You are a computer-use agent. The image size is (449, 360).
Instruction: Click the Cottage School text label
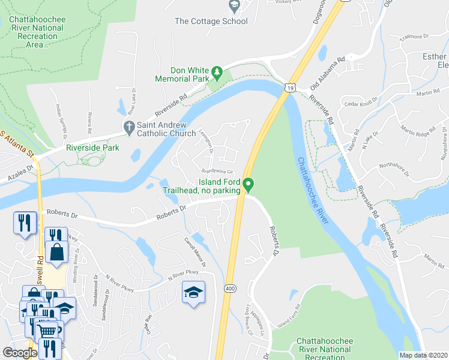(x=211, y=22)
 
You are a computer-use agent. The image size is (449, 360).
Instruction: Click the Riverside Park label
(x=92, y=148)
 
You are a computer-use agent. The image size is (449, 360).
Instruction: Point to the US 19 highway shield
(x=291, y=88)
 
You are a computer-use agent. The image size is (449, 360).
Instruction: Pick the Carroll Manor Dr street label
(x=195, y=252)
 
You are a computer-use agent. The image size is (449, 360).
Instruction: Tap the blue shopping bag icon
(x=56, y=253)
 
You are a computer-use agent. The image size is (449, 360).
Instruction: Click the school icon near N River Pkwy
(x=193, y=292)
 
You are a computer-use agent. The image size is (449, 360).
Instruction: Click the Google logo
(x=19, y=352)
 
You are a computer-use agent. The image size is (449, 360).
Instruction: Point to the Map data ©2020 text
(x=423, y=355)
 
